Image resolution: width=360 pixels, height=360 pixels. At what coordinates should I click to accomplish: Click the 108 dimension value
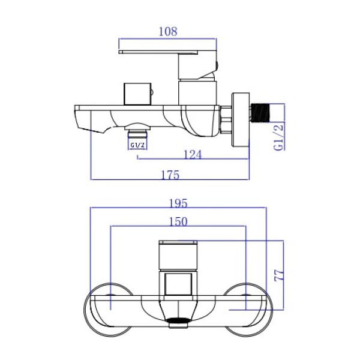[168, 31]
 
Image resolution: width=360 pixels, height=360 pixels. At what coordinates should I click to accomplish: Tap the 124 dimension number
[193, 155]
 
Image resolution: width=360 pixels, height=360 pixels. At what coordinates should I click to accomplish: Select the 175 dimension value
[170, 175]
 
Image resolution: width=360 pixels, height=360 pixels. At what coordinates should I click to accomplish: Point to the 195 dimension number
[178, 203]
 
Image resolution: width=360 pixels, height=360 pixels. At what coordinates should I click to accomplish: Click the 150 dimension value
[178, 221]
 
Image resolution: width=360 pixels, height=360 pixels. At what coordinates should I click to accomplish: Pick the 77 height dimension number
[279, 275]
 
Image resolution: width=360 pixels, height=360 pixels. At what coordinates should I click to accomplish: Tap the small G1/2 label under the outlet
[137, 145]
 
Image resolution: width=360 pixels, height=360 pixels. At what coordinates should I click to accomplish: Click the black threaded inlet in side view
[260, 113]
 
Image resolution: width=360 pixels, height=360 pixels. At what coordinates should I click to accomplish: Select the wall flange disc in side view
[241, 119]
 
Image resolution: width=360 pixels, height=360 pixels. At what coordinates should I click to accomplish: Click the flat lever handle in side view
[158, 52]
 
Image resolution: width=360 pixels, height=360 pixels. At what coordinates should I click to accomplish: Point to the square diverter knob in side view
[137, 94]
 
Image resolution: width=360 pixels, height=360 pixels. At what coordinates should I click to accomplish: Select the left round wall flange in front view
[109, 310]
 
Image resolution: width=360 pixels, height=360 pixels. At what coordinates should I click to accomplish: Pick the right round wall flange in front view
[248, 310]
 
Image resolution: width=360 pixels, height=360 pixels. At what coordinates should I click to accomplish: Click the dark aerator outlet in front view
[178, 321]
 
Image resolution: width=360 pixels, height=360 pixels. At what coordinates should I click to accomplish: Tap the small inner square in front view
[178, 284]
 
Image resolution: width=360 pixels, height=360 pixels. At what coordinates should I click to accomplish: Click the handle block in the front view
[178, 254]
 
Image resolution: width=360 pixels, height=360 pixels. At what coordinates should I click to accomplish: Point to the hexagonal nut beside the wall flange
[226, 119]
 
